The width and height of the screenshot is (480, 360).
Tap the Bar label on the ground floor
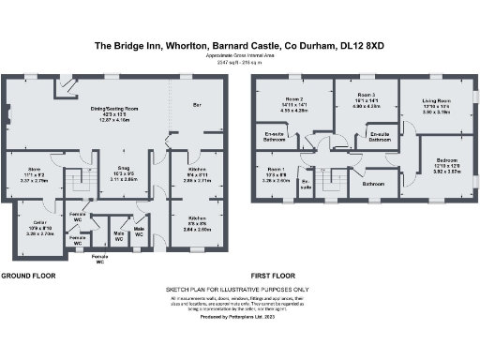pyautogui.click(x=197, y=104)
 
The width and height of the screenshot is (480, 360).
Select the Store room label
pyautogui.click(x=32, y=172)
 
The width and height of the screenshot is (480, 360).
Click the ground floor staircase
pyautogui.click(x=83, y=179)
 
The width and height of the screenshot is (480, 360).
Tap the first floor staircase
pyautogui.click(x=329, y=178)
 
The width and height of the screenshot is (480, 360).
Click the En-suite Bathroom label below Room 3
pyautogui.click(x=381, y=137)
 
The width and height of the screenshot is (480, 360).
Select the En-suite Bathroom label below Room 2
pyautogui.click(x=272, y=137)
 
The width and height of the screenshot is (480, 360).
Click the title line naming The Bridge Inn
pyautogui.click(x=239, y=43)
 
